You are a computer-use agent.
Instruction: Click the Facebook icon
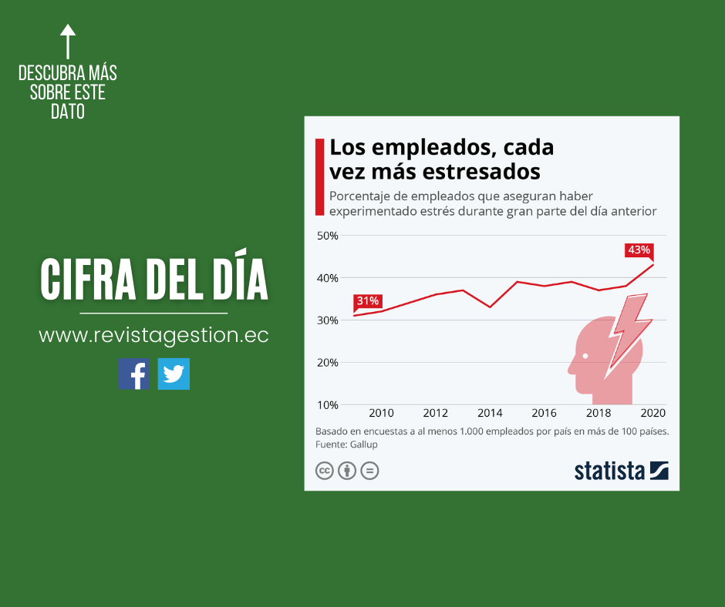134,374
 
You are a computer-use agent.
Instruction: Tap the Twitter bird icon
174,374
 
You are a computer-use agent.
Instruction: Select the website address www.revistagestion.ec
153,336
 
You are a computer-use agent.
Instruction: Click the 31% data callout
367,301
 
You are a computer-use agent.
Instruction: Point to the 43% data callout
639,250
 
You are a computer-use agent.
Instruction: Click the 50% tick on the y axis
328,236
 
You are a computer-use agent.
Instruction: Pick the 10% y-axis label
328,405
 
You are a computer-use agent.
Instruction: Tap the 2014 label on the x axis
490,413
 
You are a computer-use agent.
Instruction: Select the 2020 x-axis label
652,413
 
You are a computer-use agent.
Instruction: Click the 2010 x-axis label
381,413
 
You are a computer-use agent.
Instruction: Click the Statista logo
621,470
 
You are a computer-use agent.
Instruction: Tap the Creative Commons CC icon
325,470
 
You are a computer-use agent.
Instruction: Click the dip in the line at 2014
490,307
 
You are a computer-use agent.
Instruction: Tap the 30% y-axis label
328,320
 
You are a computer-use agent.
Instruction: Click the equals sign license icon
370,470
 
